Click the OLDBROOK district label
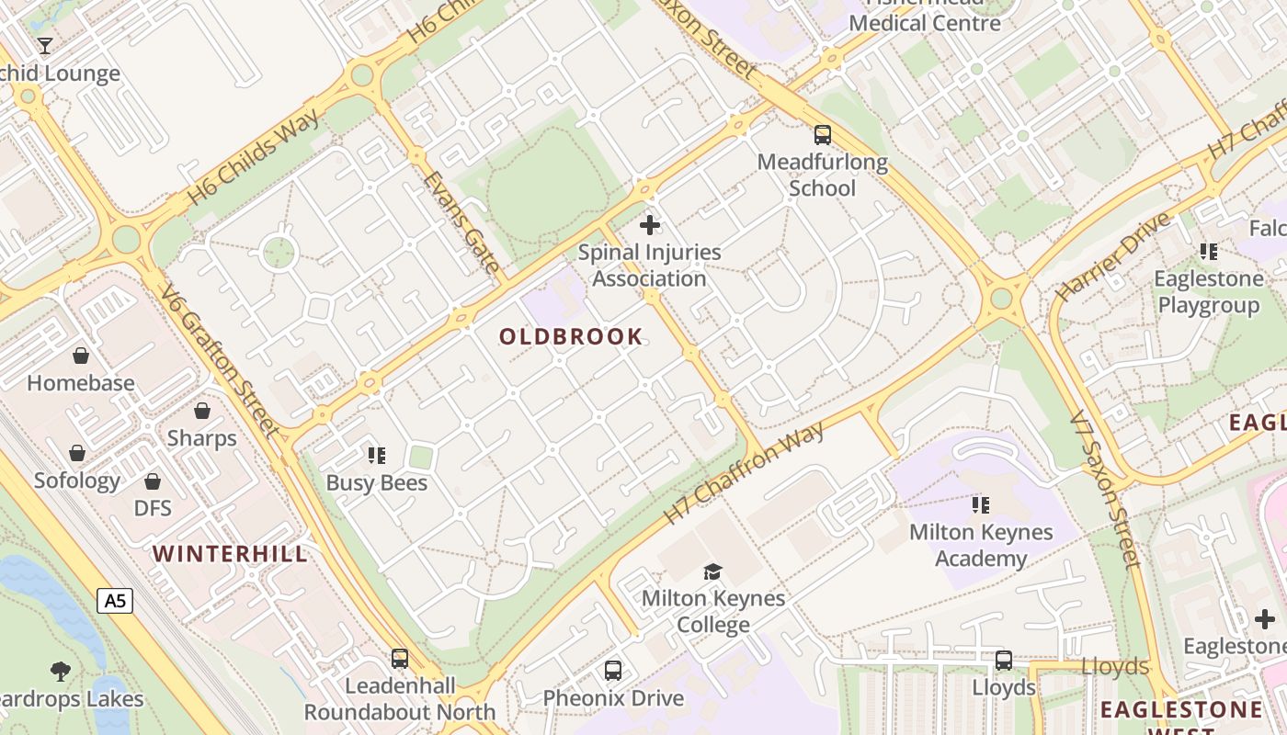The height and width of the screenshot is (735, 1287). [x=571, y=336]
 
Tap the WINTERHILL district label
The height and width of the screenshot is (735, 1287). [x=230, y=554]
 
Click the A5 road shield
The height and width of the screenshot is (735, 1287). [x=115, y=601]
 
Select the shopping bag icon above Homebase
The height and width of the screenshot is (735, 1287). [x=81, y=356]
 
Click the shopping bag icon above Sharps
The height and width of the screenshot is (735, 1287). [x=201, y=411]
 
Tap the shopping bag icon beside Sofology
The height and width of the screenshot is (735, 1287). [x=77, y=453]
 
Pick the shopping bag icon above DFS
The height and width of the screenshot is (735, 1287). [x=153, y=481]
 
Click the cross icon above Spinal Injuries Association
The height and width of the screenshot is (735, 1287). [x=650, y=224]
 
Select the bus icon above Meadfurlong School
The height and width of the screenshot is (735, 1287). [x=823, y=135]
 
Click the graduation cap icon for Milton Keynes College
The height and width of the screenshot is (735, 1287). [x=712, y=571]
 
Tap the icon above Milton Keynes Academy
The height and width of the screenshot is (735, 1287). [x=981, y=504]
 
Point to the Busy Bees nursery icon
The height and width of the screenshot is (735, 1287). [x=376, y=455]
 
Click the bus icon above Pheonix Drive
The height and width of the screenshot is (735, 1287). [x=613, y=671]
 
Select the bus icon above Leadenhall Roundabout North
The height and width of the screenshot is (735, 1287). [x=400, y=658]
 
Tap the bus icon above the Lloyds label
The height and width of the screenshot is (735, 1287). [x=1004, y=660]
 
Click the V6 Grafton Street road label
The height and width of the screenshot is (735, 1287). [x=219, y=362]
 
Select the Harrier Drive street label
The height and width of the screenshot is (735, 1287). [x=1113, y=256]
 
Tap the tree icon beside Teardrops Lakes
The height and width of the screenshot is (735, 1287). [x=61, y=671]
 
